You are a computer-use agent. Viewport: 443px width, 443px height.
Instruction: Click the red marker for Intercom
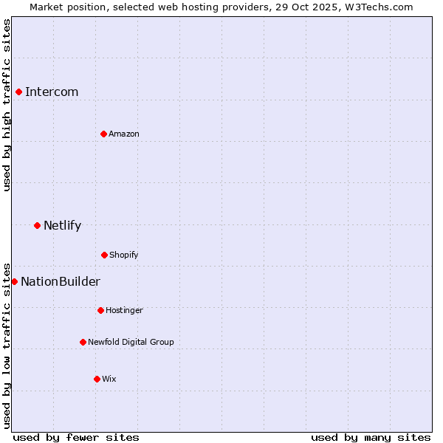19,92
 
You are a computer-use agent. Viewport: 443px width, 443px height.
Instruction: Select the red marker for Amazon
104,134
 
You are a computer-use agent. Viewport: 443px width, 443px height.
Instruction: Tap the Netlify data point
38,225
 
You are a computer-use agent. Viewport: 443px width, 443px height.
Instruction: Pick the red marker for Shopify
104,255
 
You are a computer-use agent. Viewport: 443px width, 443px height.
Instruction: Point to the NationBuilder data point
15,281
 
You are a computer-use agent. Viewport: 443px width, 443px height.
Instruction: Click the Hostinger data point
100,310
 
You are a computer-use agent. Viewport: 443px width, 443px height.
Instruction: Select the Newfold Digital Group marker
83,342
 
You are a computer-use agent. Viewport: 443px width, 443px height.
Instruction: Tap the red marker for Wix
97,379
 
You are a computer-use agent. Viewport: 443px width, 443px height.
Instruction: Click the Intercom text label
52,92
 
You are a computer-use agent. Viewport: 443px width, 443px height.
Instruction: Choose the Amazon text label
124,134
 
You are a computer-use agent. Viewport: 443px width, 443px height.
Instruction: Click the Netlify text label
63,225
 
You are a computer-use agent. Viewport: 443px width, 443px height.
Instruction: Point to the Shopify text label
124,255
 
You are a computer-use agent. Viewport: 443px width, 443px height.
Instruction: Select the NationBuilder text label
61,281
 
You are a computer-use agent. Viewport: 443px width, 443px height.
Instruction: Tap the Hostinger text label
124,310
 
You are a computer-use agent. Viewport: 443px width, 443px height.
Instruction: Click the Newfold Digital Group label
131,342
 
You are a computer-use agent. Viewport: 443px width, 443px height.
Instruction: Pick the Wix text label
109,379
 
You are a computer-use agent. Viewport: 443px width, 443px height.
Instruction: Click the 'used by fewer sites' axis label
76,437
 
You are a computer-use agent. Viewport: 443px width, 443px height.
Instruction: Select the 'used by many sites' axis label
371,437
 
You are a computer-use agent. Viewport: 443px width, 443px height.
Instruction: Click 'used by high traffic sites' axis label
7,105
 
